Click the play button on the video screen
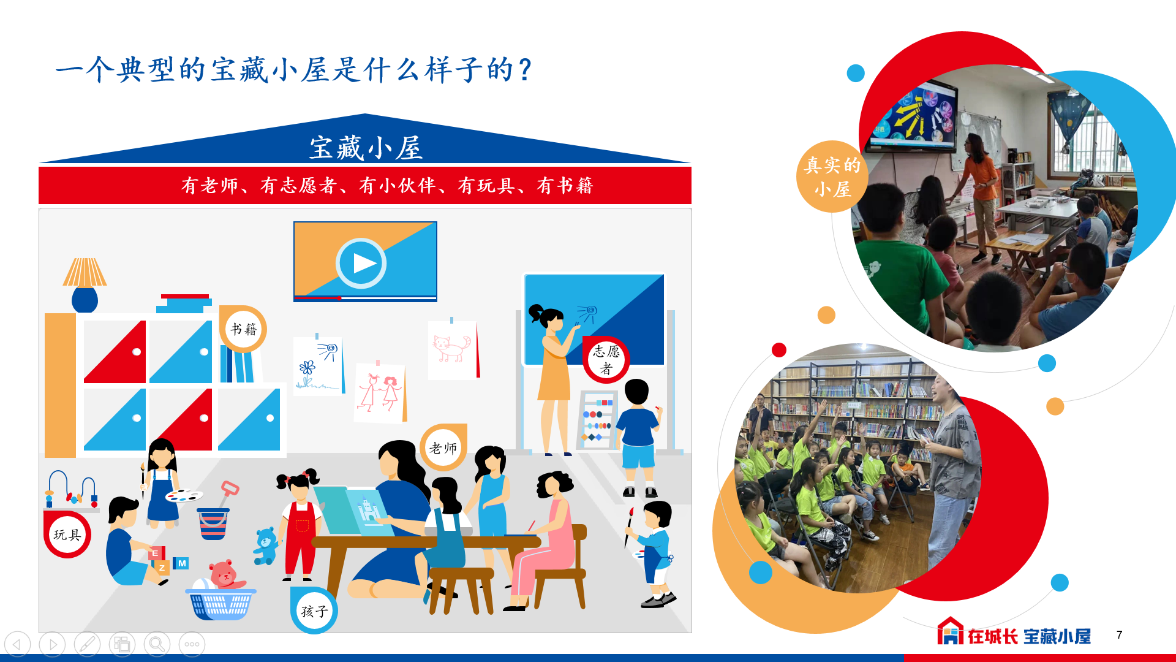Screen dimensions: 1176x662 [x=361, y=263]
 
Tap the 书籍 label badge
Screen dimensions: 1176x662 [x=243, y=329]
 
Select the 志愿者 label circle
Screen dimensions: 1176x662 [x=606, y=360]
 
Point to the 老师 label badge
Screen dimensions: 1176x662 [x=443, y=447]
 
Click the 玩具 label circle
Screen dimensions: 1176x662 [x=67, y=535]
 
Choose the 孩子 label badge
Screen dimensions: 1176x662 [x=314, y=611]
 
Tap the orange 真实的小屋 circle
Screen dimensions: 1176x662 [x=832, y=177]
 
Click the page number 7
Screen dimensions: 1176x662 [x=1119, y=635]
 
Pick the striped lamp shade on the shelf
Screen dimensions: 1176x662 [x=85, y=272]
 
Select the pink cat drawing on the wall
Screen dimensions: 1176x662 [x=452, y=348]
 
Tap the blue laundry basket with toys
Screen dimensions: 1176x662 [x=221, y=604]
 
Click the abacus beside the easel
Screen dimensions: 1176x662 [x=597, y=420]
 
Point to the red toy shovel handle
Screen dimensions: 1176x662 [x=230, y=489]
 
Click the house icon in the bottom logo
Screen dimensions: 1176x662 [x=950, y=631]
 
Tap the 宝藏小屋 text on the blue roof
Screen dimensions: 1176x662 [x=366, y=148]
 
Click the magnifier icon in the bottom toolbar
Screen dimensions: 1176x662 [x=157, y=644]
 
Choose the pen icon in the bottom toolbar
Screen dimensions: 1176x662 [x=87, y=644]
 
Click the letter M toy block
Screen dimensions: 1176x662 [x=181, y=563]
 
